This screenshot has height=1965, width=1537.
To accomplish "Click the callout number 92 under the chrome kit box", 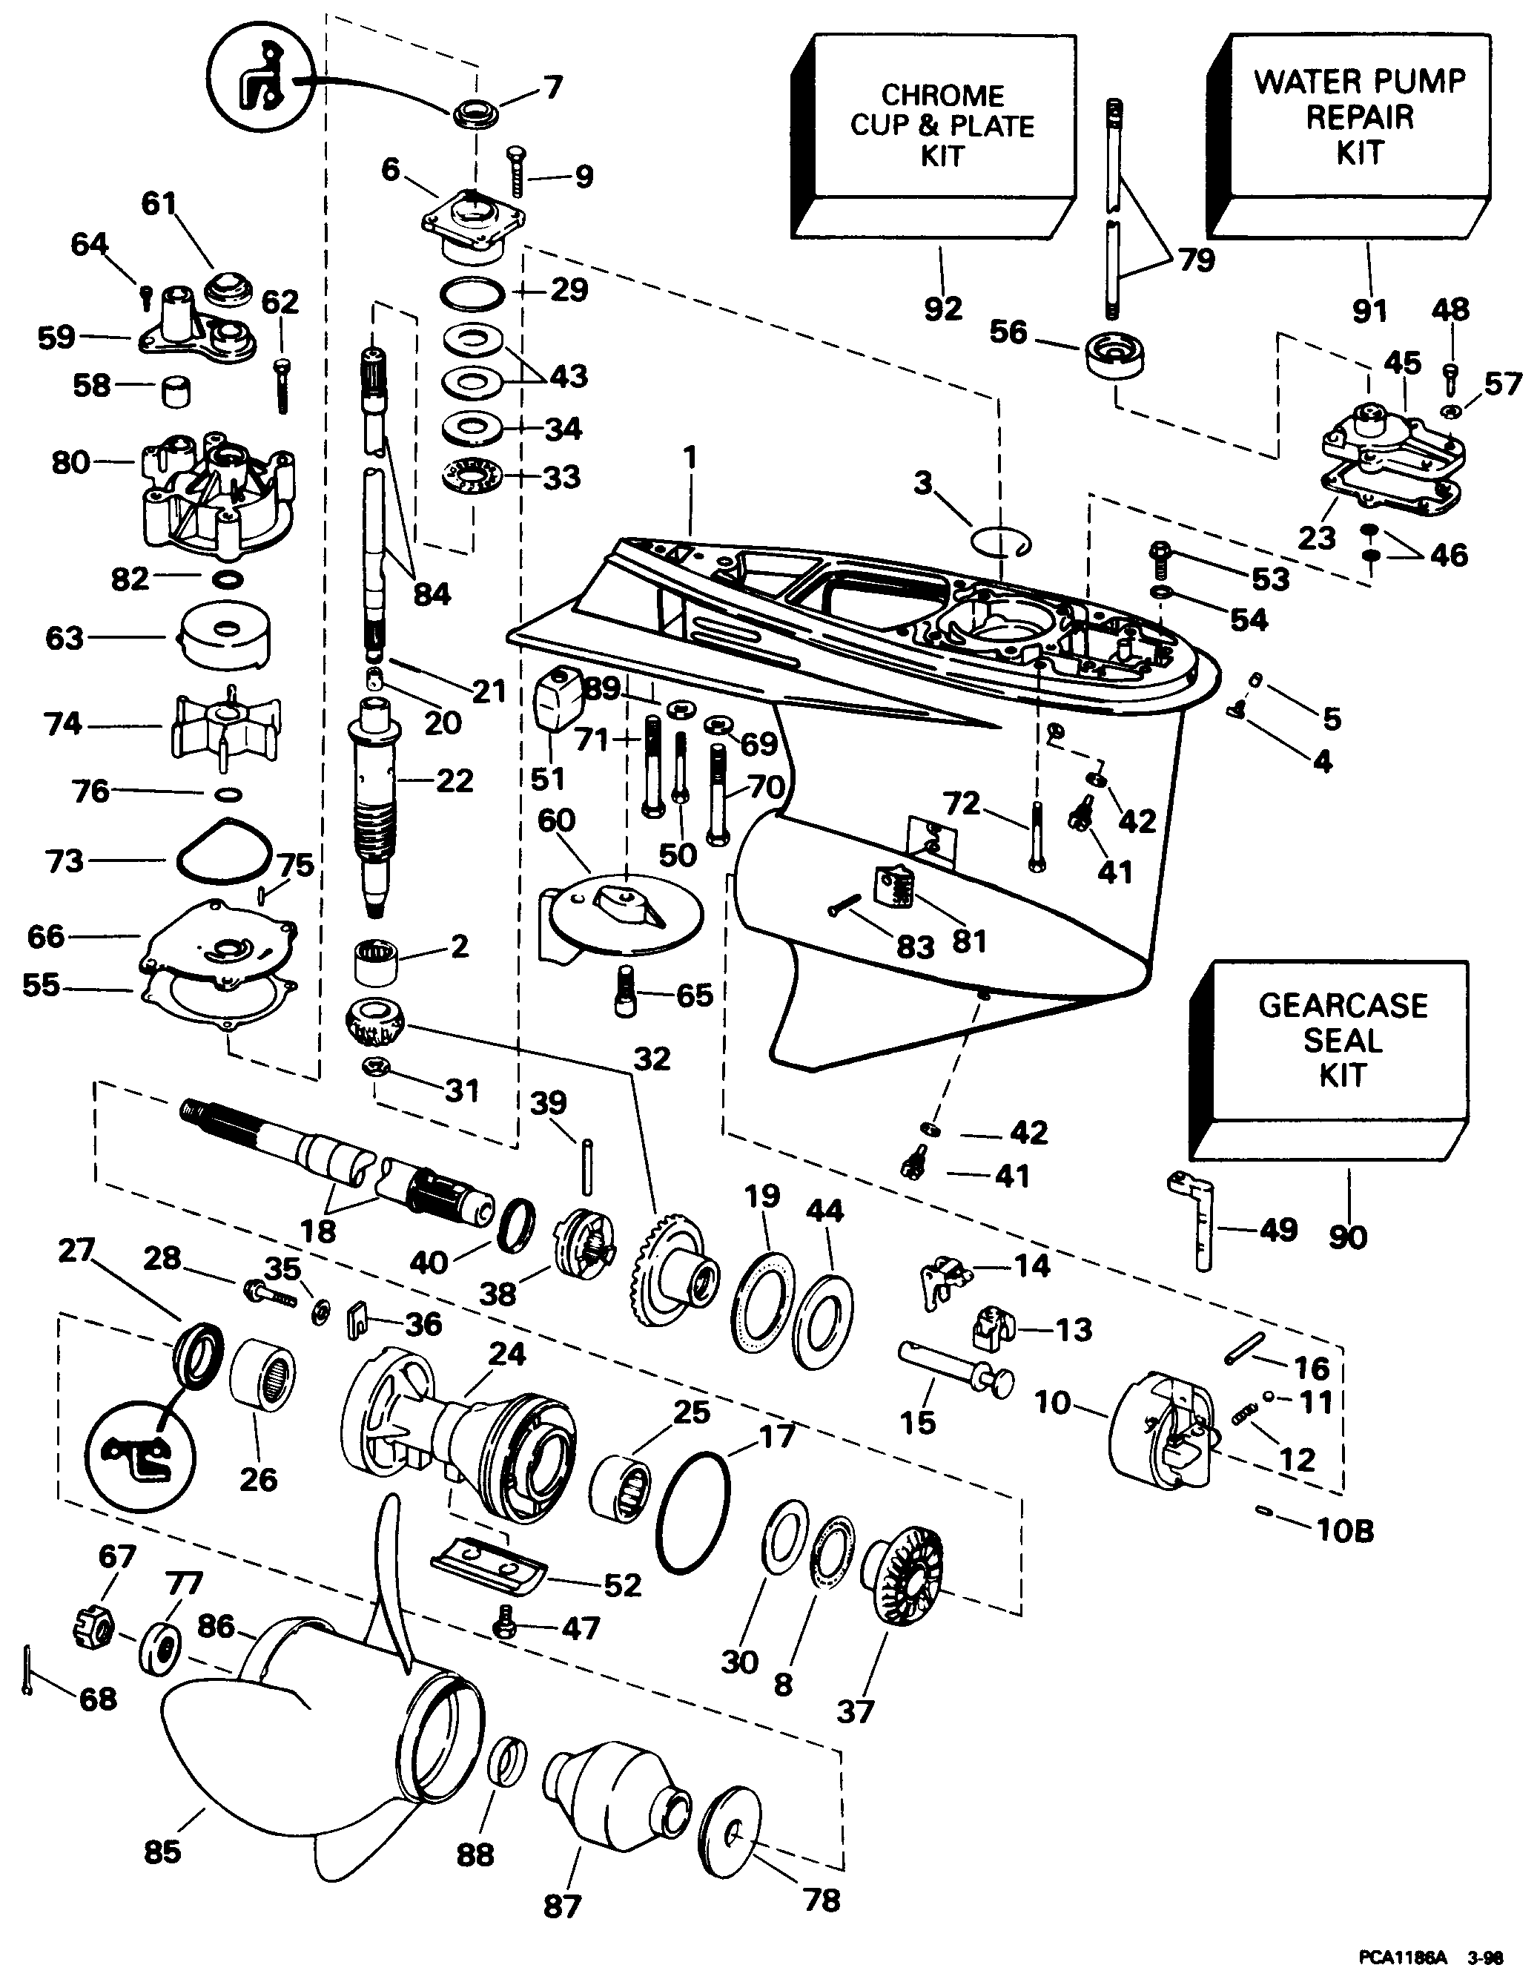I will pos(942,309).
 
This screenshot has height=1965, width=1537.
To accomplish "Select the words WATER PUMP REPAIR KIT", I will pos(1359,117).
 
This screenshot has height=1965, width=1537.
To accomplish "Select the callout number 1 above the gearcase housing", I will pos(690,458).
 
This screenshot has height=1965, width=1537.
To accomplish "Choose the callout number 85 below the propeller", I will pos(162,1852).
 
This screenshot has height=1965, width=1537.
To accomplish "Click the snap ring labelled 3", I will pos(1001,543).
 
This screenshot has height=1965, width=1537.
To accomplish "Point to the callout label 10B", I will pos(1344,1530).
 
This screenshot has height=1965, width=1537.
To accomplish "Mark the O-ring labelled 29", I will pos(472,294).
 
